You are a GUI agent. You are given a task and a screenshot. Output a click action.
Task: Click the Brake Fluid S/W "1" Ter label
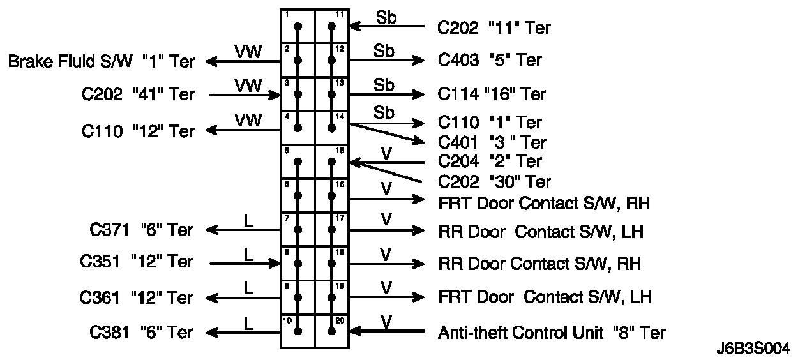point(102,61)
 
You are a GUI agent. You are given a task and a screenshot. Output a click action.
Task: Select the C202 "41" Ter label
point(137,95)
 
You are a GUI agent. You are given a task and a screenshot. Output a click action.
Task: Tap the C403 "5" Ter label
point(490,60)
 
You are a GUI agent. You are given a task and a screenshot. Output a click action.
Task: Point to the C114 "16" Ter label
point(492,94)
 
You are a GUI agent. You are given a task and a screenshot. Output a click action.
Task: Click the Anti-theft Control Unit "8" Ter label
point(552,333)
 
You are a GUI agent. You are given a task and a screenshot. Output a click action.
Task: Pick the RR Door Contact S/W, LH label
point(541,232)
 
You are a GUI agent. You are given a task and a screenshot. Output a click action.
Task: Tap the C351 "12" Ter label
point(137,262)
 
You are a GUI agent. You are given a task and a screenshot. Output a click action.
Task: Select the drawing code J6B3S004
point(753,349)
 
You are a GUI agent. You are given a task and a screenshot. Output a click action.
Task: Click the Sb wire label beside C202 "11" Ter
point(386,17)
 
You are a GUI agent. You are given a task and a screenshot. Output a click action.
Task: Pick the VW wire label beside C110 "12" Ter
point(248,119)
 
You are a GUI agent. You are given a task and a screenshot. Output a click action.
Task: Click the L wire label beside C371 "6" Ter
point(249,220)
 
